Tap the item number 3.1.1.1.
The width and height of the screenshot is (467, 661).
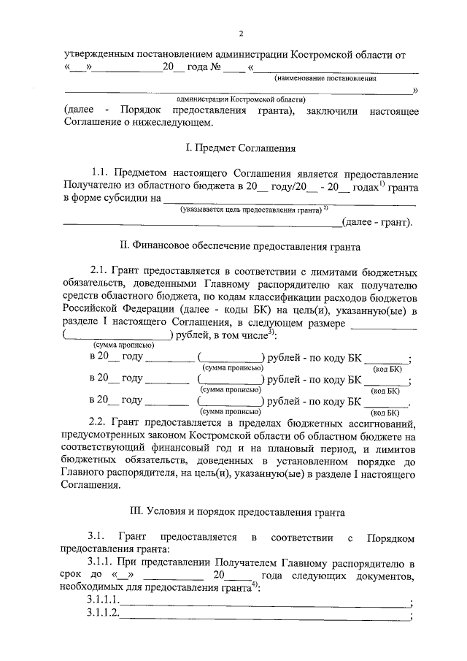(x=103, y=600)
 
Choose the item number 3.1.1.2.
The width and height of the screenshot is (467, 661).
(x=103, y=615)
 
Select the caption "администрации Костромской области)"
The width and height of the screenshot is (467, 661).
(x=240, y=99)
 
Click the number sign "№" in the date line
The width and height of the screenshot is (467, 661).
(x=216, y=67)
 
